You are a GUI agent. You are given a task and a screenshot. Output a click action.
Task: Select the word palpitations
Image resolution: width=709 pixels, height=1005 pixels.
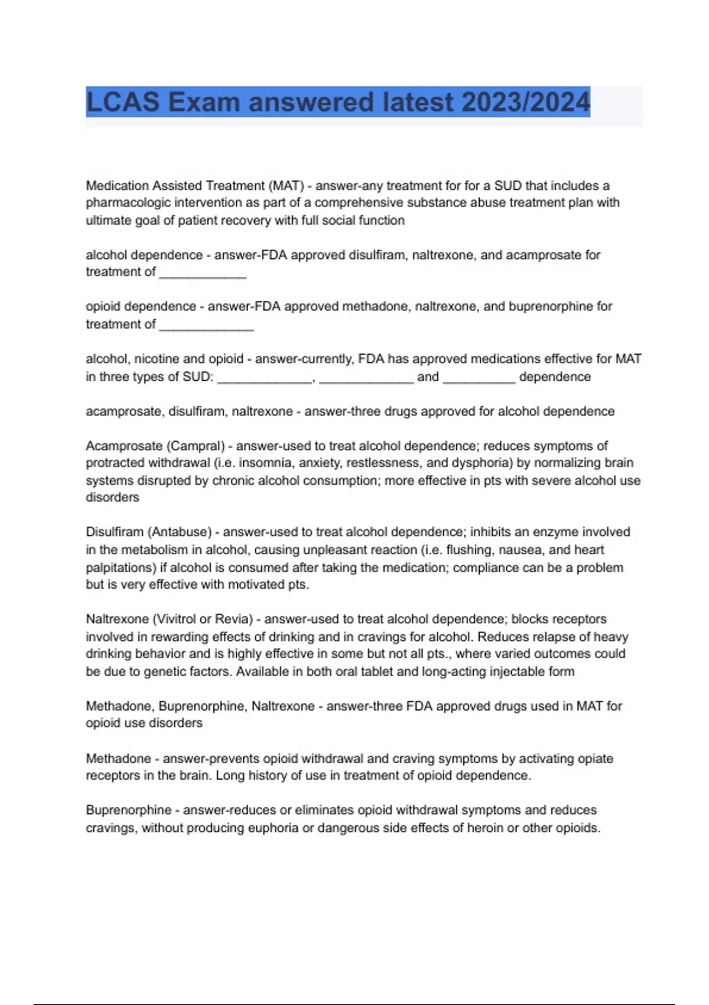click(120, 568)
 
